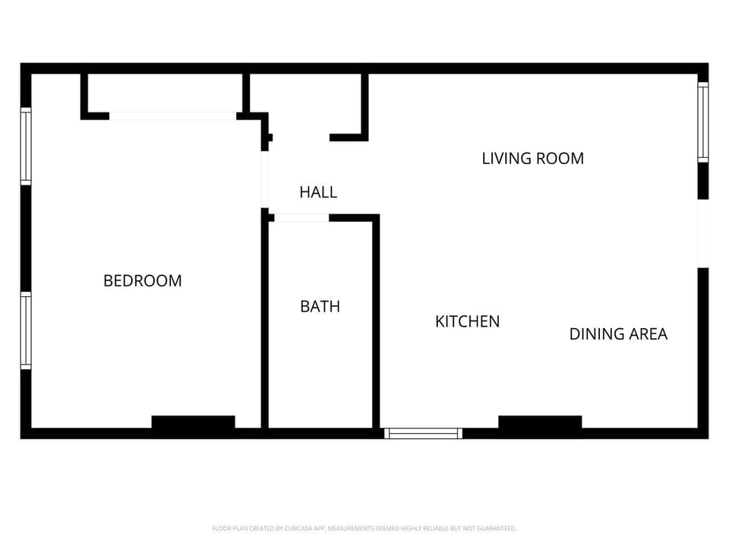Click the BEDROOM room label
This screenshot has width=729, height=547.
142,280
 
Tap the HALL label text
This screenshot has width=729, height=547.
317,192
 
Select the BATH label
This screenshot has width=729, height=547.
320,306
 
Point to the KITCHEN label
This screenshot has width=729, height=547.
467,321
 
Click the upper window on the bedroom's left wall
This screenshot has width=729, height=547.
26,147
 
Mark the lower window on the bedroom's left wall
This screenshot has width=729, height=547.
26,330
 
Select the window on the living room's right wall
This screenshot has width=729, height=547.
703,122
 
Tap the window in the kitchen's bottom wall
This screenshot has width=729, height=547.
423,433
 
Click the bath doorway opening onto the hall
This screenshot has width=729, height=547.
301,218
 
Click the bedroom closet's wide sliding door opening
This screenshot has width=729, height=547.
172,116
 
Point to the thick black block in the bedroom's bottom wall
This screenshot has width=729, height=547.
193,422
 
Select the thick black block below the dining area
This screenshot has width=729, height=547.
540,422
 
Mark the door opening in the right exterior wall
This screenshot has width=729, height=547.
703,233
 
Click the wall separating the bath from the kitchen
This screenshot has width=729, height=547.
375,323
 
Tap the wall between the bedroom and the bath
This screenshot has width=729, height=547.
265,323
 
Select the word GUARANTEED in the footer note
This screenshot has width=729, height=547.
497,528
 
